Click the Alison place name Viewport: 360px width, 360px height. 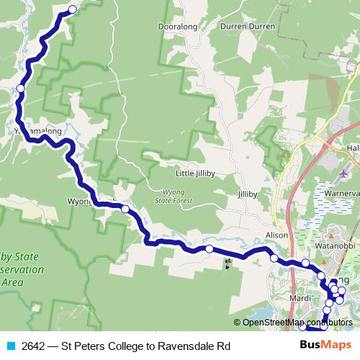click(276, 235)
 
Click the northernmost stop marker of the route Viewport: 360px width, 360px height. click(72, 9)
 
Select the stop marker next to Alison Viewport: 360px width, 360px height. click(274, 258)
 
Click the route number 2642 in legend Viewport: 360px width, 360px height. click(30, 346)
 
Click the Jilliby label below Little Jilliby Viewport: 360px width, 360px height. click(247, 194)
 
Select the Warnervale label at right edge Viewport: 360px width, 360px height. click(341, 193)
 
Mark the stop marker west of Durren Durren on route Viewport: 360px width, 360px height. click(21, 89)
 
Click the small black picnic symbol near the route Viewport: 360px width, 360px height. click(229, 262)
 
